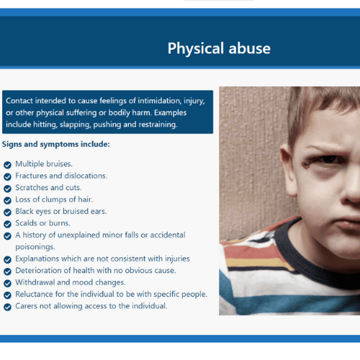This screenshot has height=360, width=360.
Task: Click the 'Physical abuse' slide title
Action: (219, 48)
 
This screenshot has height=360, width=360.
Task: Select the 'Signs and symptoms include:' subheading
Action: (56, 144)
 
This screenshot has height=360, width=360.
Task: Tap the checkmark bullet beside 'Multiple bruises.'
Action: (7, 165)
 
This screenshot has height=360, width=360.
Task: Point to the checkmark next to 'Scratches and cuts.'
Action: (7, 189)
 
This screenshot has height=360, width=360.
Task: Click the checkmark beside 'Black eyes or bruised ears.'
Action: (7, 212)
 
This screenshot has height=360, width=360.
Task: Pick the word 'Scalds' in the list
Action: (26, 223)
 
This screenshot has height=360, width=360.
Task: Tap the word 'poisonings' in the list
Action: (35, 247)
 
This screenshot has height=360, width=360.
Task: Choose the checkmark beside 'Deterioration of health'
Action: (7, 271)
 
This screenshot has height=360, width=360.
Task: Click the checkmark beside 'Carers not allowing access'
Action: (7, 307)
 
